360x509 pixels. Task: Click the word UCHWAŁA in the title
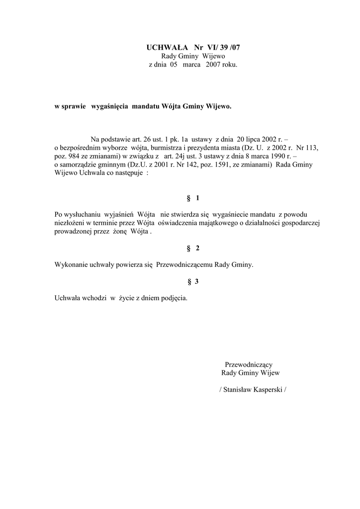coord(167,48)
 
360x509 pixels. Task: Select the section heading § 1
coord(193,198)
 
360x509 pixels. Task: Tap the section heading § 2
coord(193,248)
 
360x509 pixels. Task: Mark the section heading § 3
coord(193,282)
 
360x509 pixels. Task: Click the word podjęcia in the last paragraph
coord(172,298)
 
